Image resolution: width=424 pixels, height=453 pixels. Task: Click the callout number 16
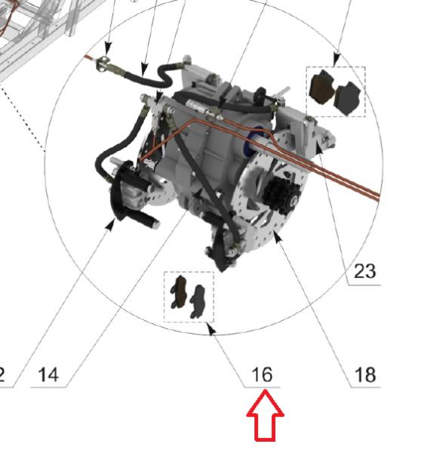point(262,374)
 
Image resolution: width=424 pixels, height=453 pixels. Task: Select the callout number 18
point(365,374)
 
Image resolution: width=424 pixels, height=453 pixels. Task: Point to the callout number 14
point(48,374)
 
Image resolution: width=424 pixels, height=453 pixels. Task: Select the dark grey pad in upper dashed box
point(347,97)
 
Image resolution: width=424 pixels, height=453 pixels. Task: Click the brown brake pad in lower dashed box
point(180,291)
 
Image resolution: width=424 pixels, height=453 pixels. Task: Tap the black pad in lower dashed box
point(199,299)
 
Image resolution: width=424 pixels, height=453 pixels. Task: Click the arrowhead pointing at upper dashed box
point(336,60)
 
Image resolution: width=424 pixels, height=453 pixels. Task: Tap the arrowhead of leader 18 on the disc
point(276,236)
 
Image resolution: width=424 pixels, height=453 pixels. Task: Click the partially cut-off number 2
point(3,374)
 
